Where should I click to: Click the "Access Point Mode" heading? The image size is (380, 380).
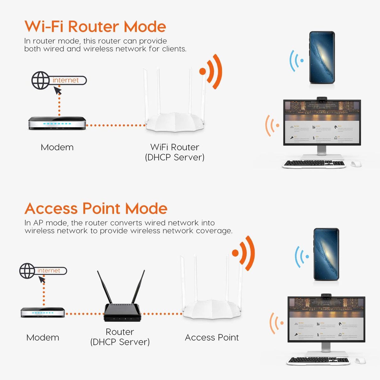(x=96, y=208)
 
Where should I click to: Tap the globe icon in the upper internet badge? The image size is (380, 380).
(x=40, y=80)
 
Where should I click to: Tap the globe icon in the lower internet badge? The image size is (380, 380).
(x=27, y=271)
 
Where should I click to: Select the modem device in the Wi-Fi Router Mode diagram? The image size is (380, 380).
(x=57, y=123)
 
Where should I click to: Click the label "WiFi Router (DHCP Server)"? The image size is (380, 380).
(x=174, y=152)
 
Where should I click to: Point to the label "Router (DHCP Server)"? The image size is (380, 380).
(x=120, y=337)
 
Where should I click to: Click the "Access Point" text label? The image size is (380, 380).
(x=212, y=338)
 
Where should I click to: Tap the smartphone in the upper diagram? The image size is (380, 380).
(x=322, y=58)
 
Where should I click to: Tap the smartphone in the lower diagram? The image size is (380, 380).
(x=326, y=254)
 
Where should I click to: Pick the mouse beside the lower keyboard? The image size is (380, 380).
(x=360, y=361)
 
